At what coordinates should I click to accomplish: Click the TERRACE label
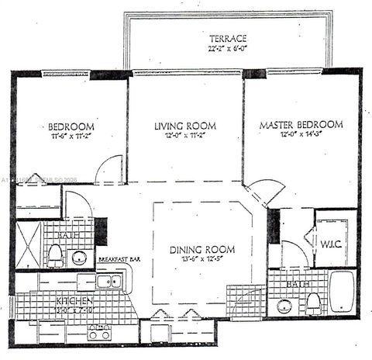click(227, 38)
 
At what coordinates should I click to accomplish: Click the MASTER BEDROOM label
click(301, 124)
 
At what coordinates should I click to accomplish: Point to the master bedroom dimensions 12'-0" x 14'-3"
click(301, 134)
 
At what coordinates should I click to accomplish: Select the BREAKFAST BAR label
click(118, 259)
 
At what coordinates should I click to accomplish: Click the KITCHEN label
click(74, 300)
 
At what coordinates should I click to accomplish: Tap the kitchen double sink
click(108, 281)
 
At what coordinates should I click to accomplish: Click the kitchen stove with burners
click(98, 332)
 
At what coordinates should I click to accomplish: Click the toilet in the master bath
click(314, 303)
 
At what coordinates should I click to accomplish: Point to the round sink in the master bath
click(284, 306)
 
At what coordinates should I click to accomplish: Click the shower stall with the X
click(29, 244)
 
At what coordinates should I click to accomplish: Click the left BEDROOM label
click(71, 126)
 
